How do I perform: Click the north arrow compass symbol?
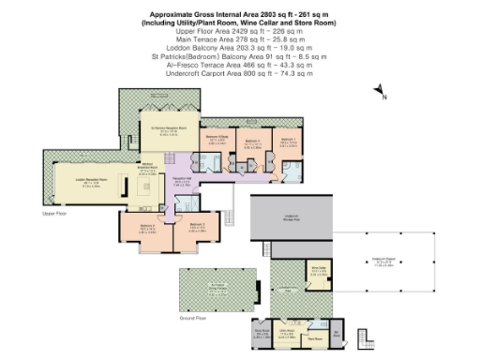(380, 90)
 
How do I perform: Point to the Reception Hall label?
(183, 183)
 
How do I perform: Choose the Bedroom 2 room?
(198, 227)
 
